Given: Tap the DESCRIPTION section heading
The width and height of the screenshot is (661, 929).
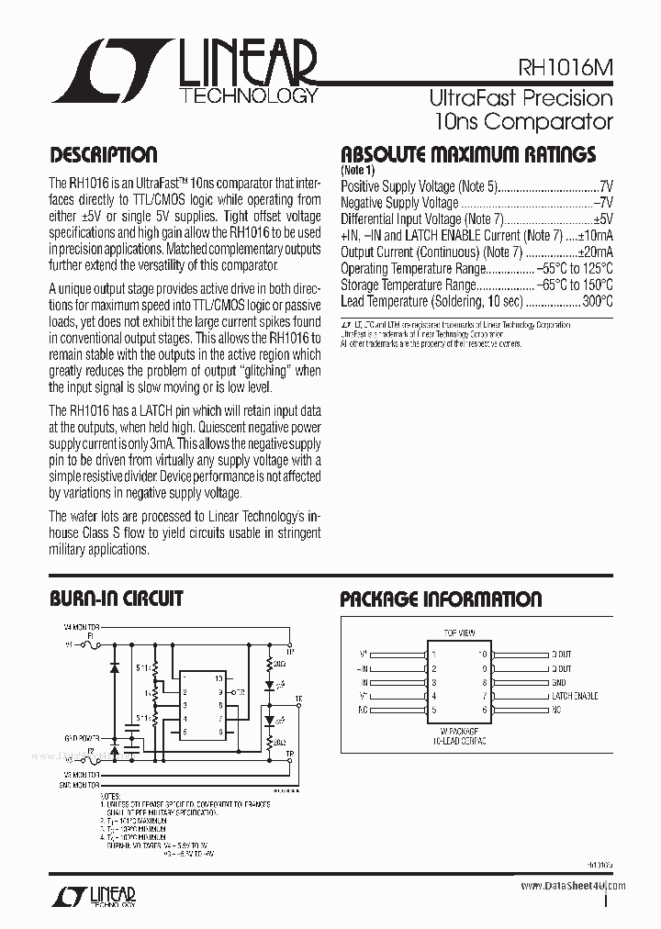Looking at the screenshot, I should pos(103,155).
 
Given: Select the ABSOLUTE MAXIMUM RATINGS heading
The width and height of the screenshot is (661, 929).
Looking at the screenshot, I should pos(468,154).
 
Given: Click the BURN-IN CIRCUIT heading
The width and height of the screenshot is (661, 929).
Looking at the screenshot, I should pos(116,599).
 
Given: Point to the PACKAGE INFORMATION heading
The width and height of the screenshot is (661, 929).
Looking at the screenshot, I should pos(441,599).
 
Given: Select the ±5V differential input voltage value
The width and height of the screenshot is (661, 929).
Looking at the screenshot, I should pos(602,218).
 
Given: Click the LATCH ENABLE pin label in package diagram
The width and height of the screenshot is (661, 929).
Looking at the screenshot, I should pos(574,696).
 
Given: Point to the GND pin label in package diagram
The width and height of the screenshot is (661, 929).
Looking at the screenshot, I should pos(559,682).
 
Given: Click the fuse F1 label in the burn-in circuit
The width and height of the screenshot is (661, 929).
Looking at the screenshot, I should pos(90,634).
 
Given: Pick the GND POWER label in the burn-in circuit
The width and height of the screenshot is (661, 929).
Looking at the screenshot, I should pos(81,737).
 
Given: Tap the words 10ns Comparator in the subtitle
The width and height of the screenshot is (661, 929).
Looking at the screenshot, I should pos(523,120).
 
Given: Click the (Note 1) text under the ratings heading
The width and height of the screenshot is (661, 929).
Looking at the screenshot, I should pos(358,171).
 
